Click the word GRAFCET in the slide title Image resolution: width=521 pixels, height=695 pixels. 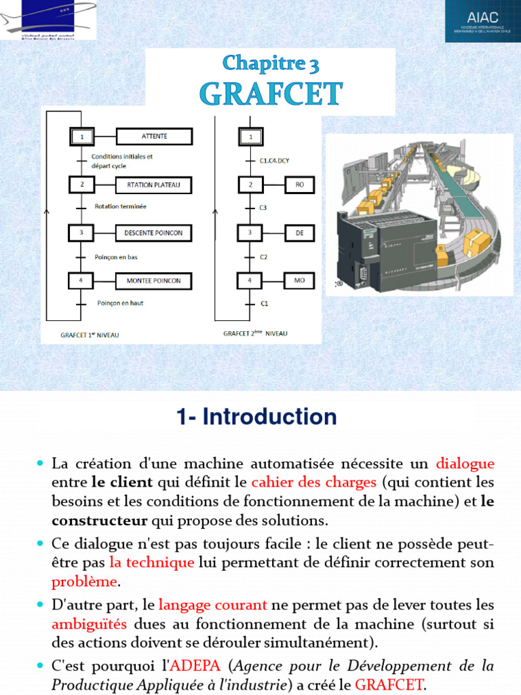pyautogui.click(x=271, y=94)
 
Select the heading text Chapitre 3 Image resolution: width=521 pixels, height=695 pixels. pyautogui.click(x=271, y=64)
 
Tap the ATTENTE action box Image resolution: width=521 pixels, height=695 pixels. pyautogui.click(x=154, y=136)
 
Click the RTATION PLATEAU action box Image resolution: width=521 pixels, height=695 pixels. pyautogui.click(x=154, y=185)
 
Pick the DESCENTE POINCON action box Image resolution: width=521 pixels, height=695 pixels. pyautogui.click(x=154, y=233)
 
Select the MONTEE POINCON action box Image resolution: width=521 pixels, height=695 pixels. pyautogui.click(x=154, y=280)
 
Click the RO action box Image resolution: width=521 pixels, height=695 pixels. pyautogui.click(x=299, y=184)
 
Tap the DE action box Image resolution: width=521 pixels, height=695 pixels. pyautogui.click(x=299, y=232)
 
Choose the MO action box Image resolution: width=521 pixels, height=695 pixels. pyautogui.click(x=299, y=280)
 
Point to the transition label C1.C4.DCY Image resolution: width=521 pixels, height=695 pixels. pyautogui.click(x=275, y=161)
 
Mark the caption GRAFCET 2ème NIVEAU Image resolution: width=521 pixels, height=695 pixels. pyautogui.click(x=255, y=333)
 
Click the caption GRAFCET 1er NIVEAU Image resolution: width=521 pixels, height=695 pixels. pyautogui.click(x=90, y=335)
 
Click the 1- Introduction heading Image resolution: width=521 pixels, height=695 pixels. pyautogui.click(x=256, y=417)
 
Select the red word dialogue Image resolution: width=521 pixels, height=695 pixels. pyautogui.click(x=465, y=464)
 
